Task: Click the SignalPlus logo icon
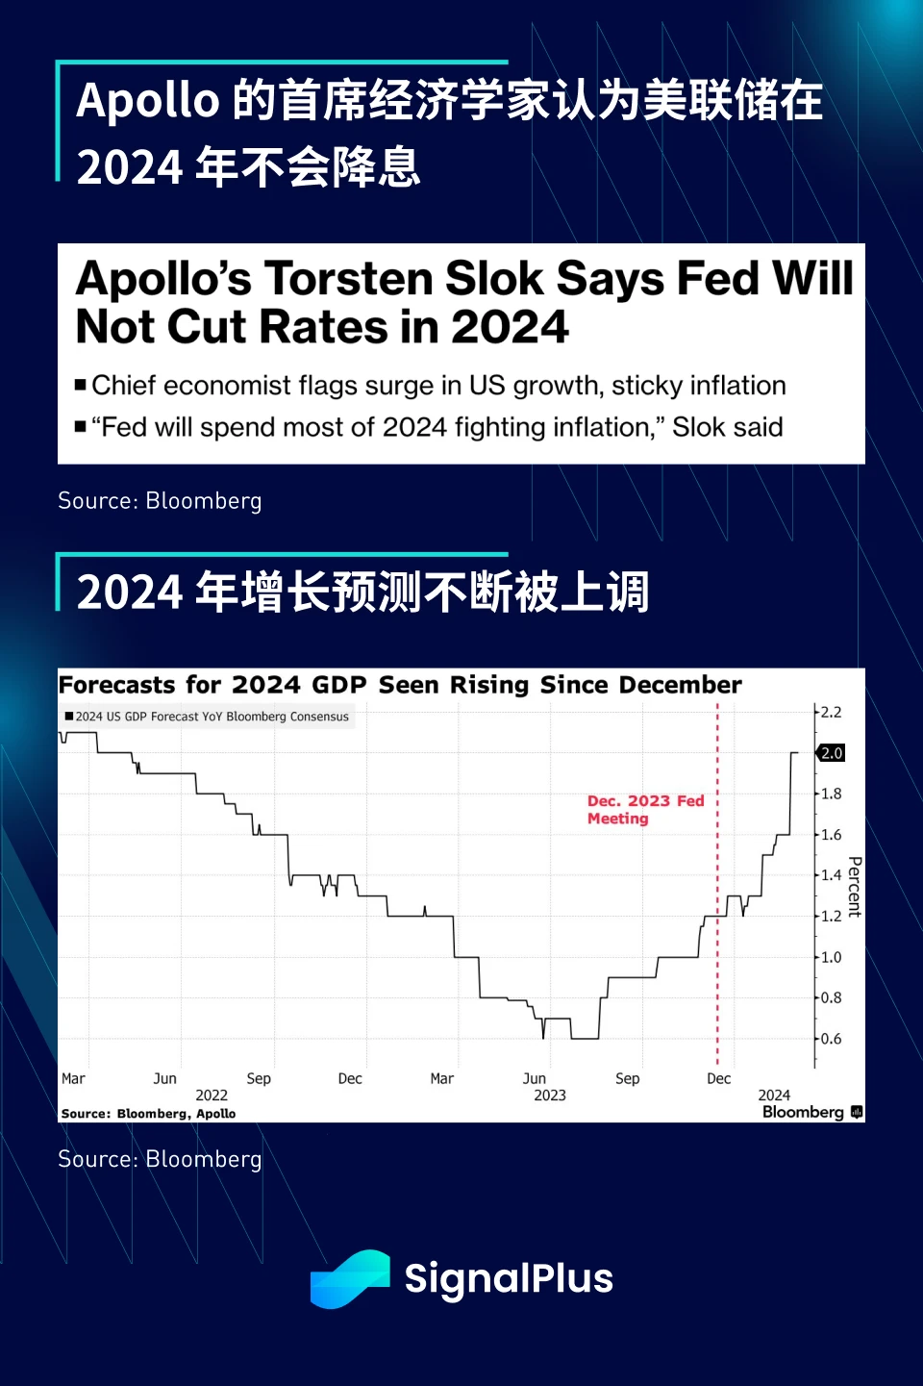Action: pyautogui.click(x=350, y=1278)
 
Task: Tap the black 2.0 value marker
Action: pyautogui.click(x=832, y=753)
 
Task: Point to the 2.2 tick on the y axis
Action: pyautogui.click(x=831, y=713)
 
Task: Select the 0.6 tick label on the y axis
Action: pyautogui.click(x=831, y=1039)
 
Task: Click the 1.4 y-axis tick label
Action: pyautogui.click(x=831, y=875)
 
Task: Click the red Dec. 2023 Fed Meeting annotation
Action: pyautogui.click(x=645, y=810)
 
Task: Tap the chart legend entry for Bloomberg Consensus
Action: pyautogui.click(x=208, y=717)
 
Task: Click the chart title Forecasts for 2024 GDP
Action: pyautogui.click(x=400, y=685)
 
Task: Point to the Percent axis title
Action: pyautogui.click(x=855, y=887)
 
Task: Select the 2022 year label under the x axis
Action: pyautogui.click(x=212, y=1096)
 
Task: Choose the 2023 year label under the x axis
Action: pyautogui.click(x=550, y=1096)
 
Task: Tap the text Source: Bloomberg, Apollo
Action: pyautogui.click(x=148, y=1114)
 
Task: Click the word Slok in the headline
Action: pyautogui.click(x=494, y=279)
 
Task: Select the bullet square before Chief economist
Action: pyautogui.click(x=81, y=386)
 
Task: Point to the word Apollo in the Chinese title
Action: pyautogui.click(x=148, y=100)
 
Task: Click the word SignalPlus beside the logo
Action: pyautogui.click(x=509, y=1278)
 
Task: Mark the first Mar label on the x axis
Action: pyautogui.click(x=73, y=1079)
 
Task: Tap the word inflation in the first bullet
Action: pyautogui.click(x=734, y=386)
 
